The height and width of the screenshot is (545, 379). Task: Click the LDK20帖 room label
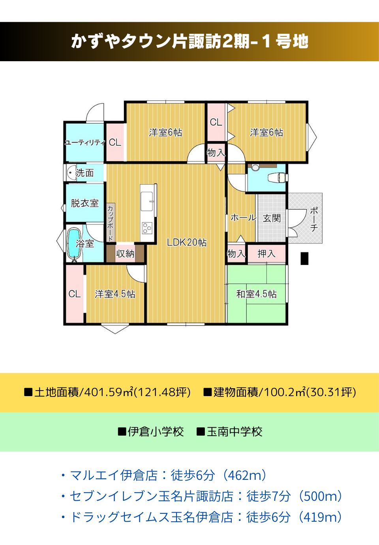(x=187, y=242)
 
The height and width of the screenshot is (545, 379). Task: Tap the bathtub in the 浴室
(x=74, y=244)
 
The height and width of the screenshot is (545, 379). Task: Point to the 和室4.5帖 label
(x=256, y=294)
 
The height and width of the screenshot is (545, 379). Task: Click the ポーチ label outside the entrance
(x=314, y=219)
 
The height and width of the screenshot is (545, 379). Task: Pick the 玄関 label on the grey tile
(x=272, y=218)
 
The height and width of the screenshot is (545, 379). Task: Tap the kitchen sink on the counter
(x=147, y=201)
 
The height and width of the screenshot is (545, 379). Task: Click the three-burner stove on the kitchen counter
(x=147, y=228)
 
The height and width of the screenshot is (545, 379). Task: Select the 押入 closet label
(x=266, y=254)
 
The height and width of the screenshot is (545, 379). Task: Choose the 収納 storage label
(x=125, y=254)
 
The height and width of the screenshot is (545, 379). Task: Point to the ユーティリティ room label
(x=85, y=143)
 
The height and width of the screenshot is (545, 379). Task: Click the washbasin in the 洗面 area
(x=71, y=173)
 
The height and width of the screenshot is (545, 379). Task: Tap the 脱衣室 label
(x=84, y=203)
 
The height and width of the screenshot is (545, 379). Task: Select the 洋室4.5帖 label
(x=115, y=294)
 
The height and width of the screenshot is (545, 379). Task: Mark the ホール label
(x=243, y=218)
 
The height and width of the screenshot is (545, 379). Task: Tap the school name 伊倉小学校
(x=156, y=432)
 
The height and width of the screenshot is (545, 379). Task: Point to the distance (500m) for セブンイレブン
(x=321, y=496)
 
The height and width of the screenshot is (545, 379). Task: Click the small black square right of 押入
(x=304, y=258)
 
